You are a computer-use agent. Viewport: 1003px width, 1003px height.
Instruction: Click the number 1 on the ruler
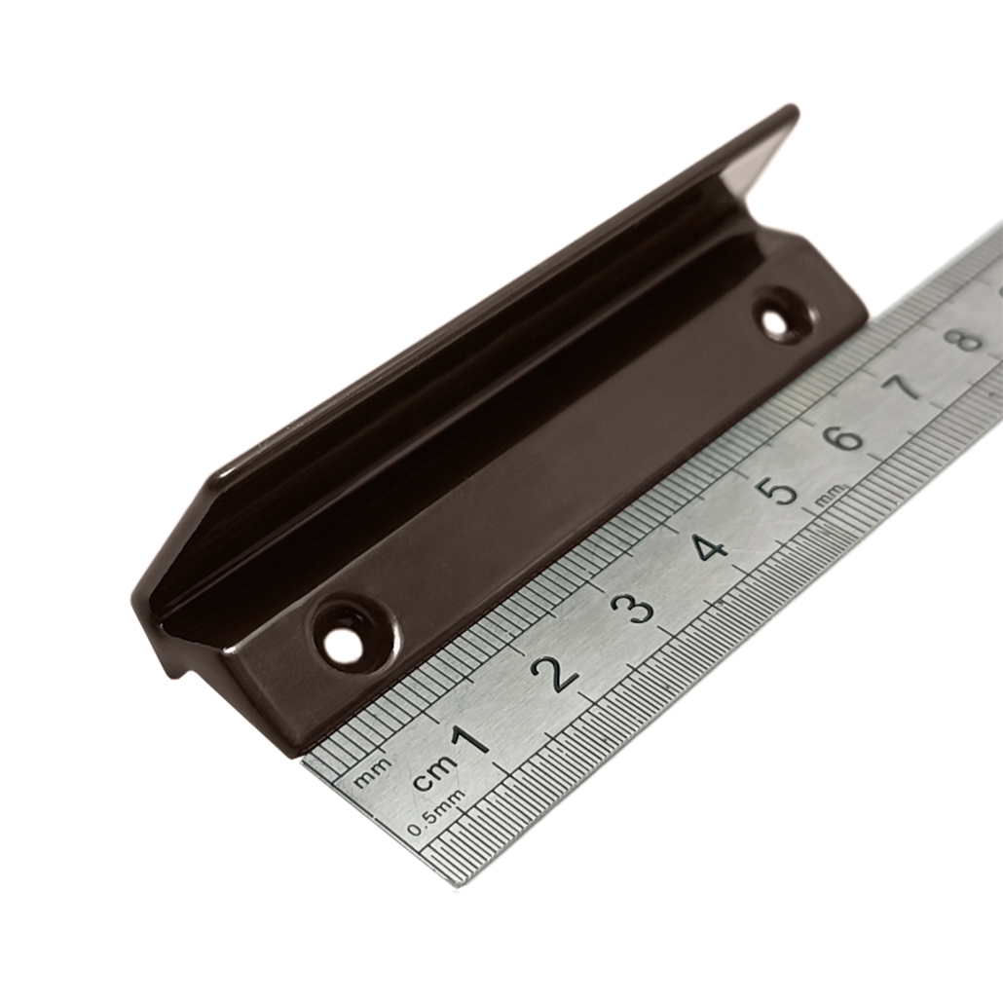[471, 741]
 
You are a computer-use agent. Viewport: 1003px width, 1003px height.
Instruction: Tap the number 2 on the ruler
[556, 674]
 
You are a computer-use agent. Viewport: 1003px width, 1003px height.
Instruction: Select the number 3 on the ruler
[637, 609]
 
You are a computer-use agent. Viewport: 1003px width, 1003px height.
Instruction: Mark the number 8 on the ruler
[968, 338]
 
